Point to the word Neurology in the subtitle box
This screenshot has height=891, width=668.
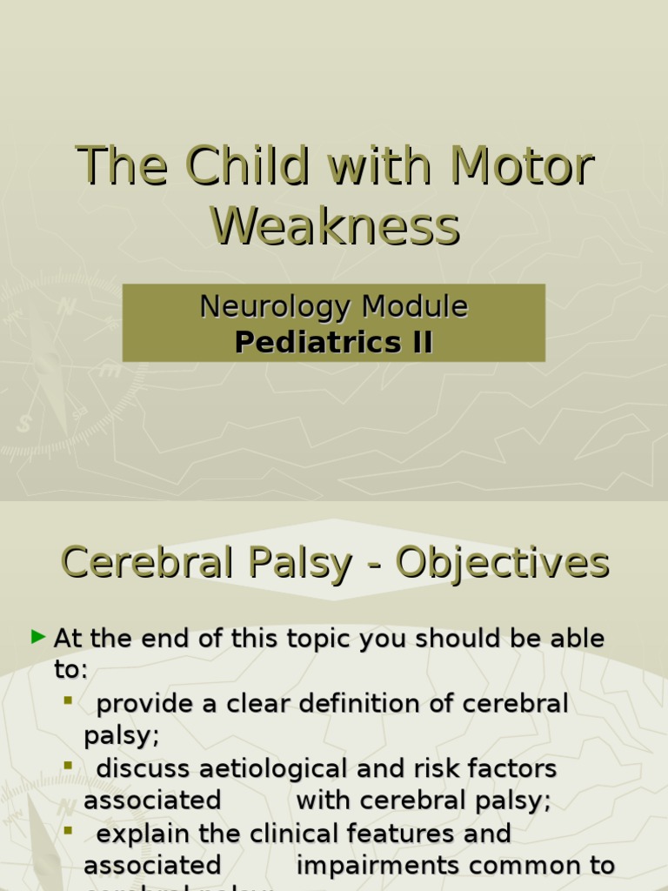coord(275,307)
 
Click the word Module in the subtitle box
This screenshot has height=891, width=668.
coord(415,307)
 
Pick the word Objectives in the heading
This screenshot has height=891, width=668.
coord(502,563)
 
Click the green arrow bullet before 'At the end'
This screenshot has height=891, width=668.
coord(37,638)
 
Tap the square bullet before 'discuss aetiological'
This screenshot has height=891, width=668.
coord(68,766)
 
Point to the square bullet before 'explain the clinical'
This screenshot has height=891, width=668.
coord(68,831)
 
